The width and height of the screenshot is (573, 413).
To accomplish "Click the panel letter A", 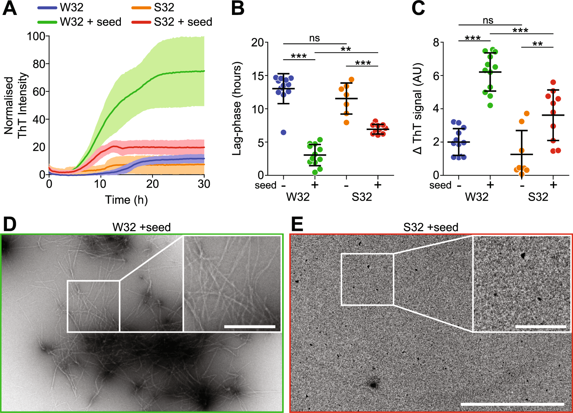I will [9, 8].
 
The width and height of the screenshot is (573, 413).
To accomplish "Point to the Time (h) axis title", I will [126, 200].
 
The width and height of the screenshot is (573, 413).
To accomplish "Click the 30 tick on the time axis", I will [204, 184].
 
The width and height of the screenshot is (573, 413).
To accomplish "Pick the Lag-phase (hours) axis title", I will [237, 108].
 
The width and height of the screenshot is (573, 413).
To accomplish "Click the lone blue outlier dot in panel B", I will [283, 132].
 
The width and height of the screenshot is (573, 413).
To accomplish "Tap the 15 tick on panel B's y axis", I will [258, 76].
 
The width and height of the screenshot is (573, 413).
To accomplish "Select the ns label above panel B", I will [314, 38].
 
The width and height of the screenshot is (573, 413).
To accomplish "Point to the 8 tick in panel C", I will [436, 42].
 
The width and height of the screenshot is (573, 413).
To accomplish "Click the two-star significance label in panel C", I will [537, 44].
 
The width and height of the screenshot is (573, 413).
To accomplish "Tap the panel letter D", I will [9, 224].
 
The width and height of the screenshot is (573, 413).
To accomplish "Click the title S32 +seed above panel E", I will [431, 227].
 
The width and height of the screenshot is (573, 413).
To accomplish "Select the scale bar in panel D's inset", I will [250, 326].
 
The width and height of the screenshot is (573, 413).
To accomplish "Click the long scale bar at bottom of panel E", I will [512, 404].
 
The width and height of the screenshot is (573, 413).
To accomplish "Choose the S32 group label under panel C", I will [538, 197].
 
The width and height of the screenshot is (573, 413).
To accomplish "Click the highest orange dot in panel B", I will [351, 80].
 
